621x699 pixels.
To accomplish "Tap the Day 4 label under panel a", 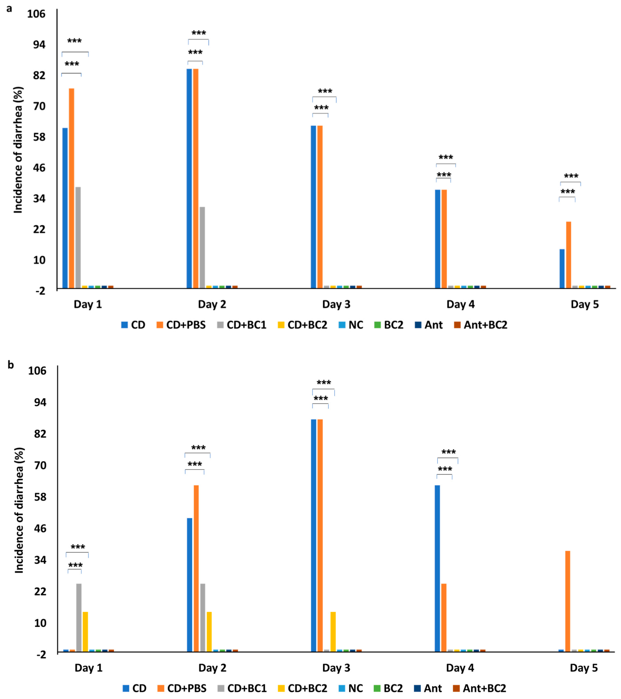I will point(460,304).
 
